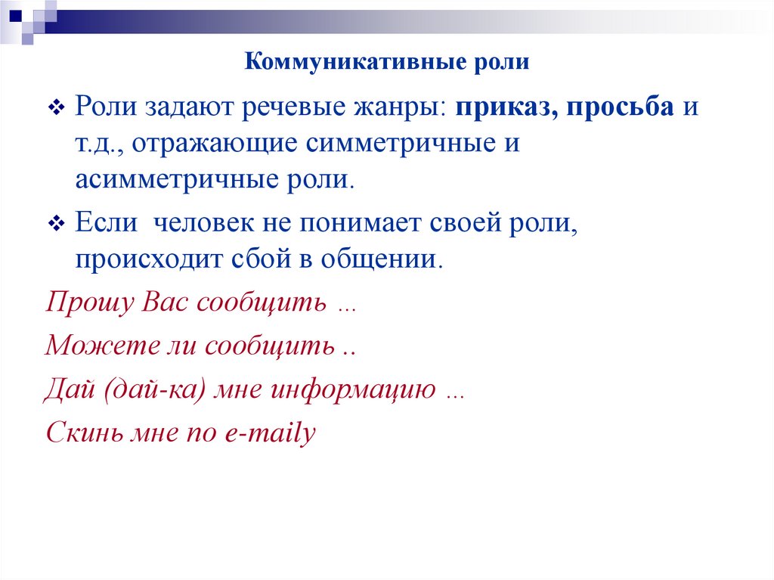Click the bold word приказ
pyautogui.click(x=502, y=107)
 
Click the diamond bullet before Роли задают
pyautogui.click(x=57, y=108)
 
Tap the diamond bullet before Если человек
pyautogui.click(x=57, y=225)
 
